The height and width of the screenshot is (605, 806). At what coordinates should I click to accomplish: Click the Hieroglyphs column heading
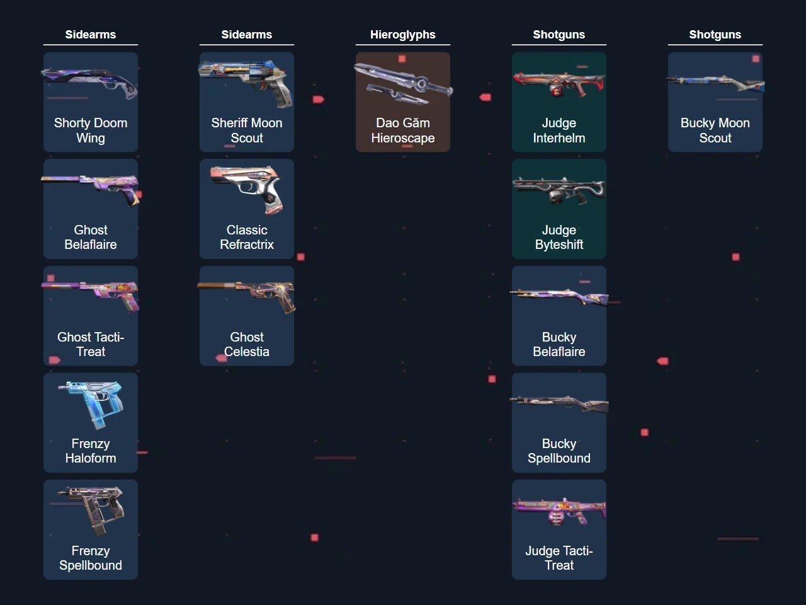tap(402, 35)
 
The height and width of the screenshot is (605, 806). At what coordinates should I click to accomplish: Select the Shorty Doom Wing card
tap(90, 102)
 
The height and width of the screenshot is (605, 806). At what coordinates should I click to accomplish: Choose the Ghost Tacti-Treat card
tap(90, 316)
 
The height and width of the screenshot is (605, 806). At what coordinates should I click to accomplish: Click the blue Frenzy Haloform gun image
tap(90, 403)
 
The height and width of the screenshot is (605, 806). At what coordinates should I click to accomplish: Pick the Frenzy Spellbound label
tap(90, 558)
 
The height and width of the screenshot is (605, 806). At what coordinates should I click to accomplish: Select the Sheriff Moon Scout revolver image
tap(246, 82)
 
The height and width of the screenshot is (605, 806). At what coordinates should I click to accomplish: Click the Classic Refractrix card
tap(246, 209)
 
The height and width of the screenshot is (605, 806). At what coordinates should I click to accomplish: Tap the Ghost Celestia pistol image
tap(246, 296)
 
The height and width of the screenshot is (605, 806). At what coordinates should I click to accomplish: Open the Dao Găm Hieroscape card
tap(402, 102)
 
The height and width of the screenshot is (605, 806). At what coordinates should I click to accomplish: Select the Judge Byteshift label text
tap(559, 238)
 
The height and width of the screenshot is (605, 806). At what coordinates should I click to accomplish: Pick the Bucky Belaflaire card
tap(559, 316)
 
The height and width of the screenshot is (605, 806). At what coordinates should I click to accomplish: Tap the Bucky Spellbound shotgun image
tap(559, 403)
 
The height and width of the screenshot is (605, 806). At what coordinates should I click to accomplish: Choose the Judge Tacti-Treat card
tap(559, 529)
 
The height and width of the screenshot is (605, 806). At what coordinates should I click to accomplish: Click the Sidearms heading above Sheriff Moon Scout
tap(246, 35)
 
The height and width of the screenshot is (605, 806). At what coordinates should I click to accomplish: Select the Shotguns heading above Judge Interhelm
tap(559, 35)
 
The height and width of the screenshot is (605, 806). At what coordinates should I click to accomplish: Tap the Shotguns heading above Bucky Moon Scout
tap(715, 35)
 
